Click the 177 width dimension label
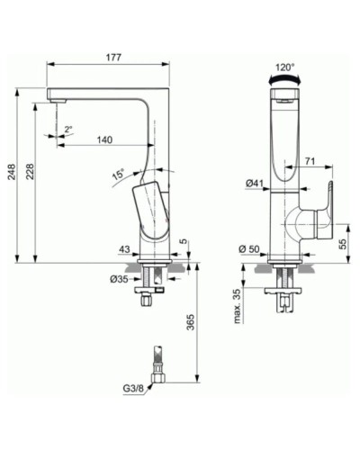pyautogui.click(x=112, y=58)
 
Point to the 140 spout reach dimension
pyautogui.click(x=105, y=139)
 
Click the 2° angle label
pyautogui.click(x=68, y=129)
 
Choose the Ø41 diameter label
pyautogui.click(x=255, y=184)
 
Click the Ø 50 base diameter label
pyautogui.click(x=249, y=247)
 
